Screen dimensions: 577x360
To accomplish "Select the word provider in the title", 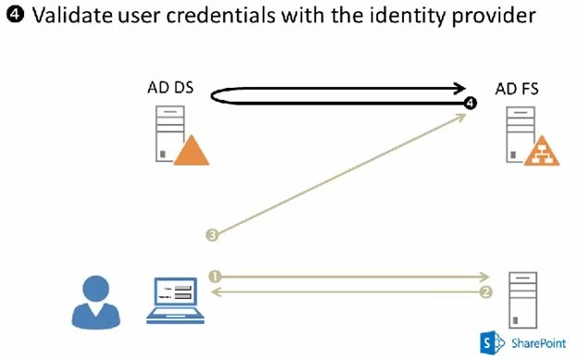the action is tap(494, 17).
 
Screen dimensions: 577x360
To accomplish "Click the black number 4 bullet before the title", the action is tap(16, 15).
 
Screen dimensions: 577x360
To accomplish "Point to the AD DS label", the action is tap(170, 88).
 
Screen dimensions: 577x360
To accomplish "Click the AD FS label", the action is tap(517, 89).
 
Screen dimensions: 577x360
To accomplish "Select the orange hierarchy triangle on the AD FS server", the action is tap(542, 151).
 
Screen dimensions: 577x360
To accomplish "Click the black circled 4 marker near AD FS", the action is tap(470, 103).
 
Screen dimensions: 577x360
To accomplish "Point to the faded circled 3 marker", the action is tap(213, 235).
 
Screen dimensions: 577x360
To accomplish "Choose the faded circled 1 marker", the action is tap(215, 277).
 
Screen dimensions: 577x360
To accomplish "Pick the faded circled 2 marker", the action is tap(485, 292).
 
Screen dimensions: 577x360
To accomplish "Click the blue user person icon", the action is tap(95, 302).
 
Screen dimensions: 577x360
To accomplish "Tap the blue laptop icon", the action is tap(176, 301).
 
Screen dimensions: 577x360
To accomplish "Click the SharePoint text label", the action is tap(539, 343).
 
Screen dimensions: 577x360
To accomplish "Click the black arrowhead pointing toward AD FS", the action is tap(460, 88).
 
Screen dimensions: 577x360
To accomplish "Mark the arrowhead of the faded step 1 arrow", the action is tap(484, 277).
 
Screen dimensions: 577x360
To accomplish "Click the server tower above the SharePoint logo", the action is tap(522, 300).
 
